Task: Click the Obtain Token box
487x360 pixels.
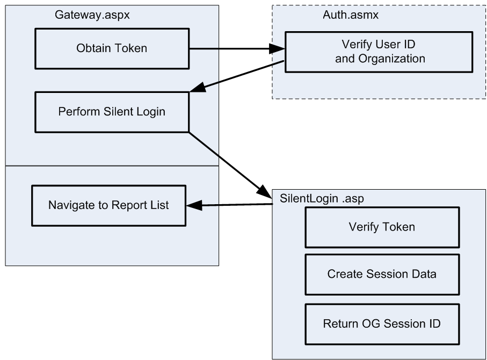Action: [x=112, y=48]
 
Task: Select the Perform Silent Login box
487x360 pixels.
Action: [x=112, y=112]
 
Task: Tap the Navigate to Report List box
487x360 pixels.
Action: [x=108, y=205]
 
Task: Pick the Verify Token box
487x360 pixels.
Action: [x=382, y=227]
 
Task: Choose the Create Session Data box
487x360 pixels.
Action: [x=382, y=274]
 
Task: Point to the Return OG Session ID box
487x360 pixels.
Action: [x=382, y=324]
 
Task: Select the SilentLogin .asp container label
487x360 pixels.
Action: [x=315, y=198]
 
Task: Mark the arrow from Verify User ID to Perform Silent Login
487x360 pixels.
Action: [x=236, y=76]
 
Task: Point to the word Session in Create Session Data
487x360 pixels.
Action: [x=382, y=274]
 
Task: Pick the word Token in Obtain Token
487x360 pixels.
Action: [x=128, y=48]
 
